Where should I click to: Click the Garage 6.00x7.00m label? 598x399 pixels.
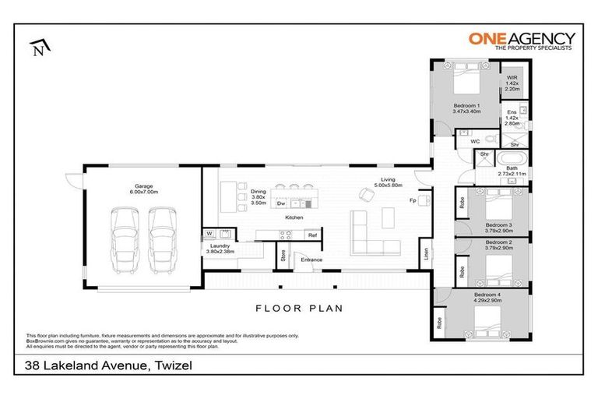pyautogui.click(x=144, y=189)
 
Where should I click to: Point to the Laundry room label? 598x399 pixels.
pyautogui.click(x=220, y=249)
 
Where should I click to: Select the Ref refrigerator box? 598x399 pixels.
pyautogui.click(x=311, y=235)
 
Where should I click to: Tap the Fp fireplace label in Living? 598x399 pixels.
pyautogui.click(x=413, y=200)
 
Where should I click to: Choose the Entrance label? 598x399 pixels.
pyautogui.click(x=312, y=259)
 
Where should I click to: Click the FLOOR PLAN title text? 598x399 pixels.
pyautogui.click(x=298, y=308)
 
